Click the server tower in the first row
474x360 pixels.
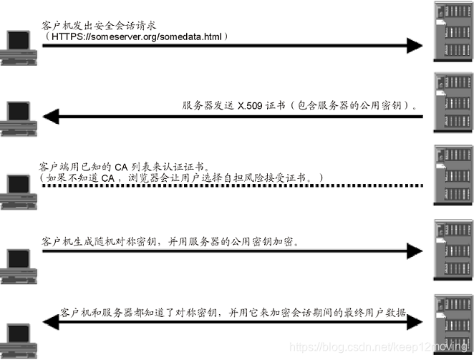(450, 33)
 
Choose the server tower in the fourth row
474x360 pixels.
(450, 246)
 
